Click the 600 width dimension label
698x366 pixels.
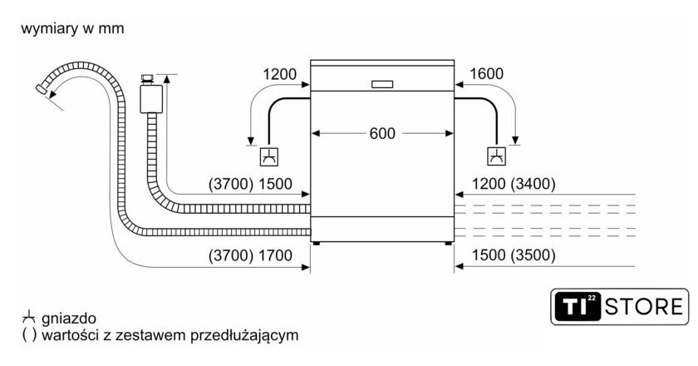[x=383, y=133]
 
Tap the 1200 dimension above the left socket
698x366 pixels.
[x=280, y=75]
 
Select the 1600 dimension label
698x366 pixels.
[x=486, y=75]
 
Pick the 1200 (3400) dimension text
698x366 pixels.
[x=514, y=184]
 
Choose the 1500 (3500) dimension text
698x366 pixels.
[x=514, y=255]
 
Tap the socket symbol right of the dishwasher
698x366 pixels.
[x=496, y=156]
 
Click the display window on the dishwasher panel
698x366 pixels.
[x=383, y=83]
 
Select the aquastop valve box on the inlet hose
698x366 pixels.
[x=150, y=96]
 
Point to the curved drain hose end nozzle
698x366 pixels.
[x=44, y=88]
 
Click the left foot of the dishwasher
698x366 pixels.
[x=317, y=243]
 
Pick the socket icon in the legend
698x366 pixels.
[x=29, y=318]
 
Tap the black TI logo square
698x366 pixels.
[x=577, y=307]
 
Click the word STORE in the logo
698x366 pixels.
[x=642, y=307]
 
